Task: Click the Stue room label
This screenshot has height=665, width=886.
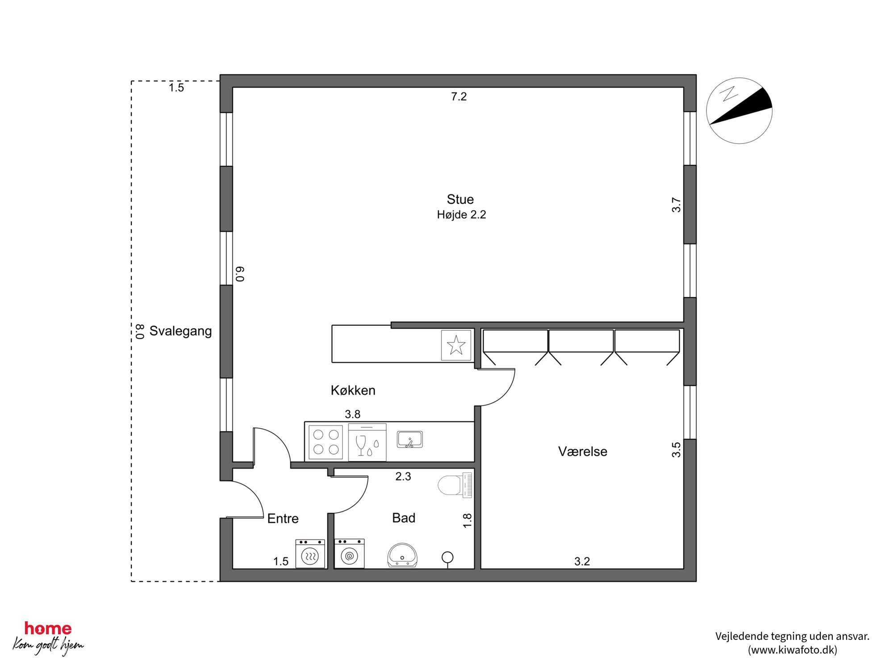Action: [x=460, y=199]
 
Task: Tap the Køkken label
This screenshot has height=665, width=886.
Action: [x=353, y=390]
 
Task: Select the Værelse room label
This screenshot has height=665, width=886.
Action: [x=582, y=451]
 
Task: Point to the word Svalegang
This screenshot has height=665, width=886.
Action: [x=180, y=331]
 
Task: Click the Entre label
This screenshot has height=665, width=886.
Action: [x=283, y=518]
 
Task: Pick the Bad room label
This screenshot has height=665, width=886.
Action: [x=404, y=518]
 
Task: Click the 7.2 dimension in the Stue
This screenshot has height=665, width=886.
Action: [x=459, y=97]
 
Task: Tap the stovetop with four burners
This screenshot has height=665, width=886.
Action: [x=326, y=442]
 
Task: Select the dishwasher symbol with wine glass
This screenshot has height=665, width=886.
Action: [x=367, y=442]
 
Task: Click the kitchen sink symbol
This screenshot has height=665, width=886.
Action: [x=410, y=439]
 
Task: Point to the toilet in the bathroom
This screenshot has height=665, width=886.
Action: [x=455, y=485]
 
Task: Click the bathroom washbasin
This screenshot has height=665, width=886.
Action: [x=402, y=555]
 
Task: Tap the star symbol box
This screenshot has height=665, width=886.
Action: [x=456, y=345]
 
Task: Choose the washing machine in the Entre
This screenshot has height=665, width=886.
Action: [x=310, y=554]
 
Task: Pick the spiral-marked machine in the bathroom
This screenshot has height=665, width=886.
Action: [x=349, y=554]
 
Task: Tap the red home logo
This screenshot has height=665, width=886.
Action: [x=48, y=629]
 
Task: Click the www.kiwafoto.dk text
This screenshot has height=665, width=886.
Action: [x=792, y=650]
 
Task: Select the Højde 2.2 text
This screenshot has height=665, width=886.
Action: [x=461, y=215]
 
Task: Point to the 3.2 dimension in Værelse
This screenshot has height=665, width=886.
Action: [x=582, y=561]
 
